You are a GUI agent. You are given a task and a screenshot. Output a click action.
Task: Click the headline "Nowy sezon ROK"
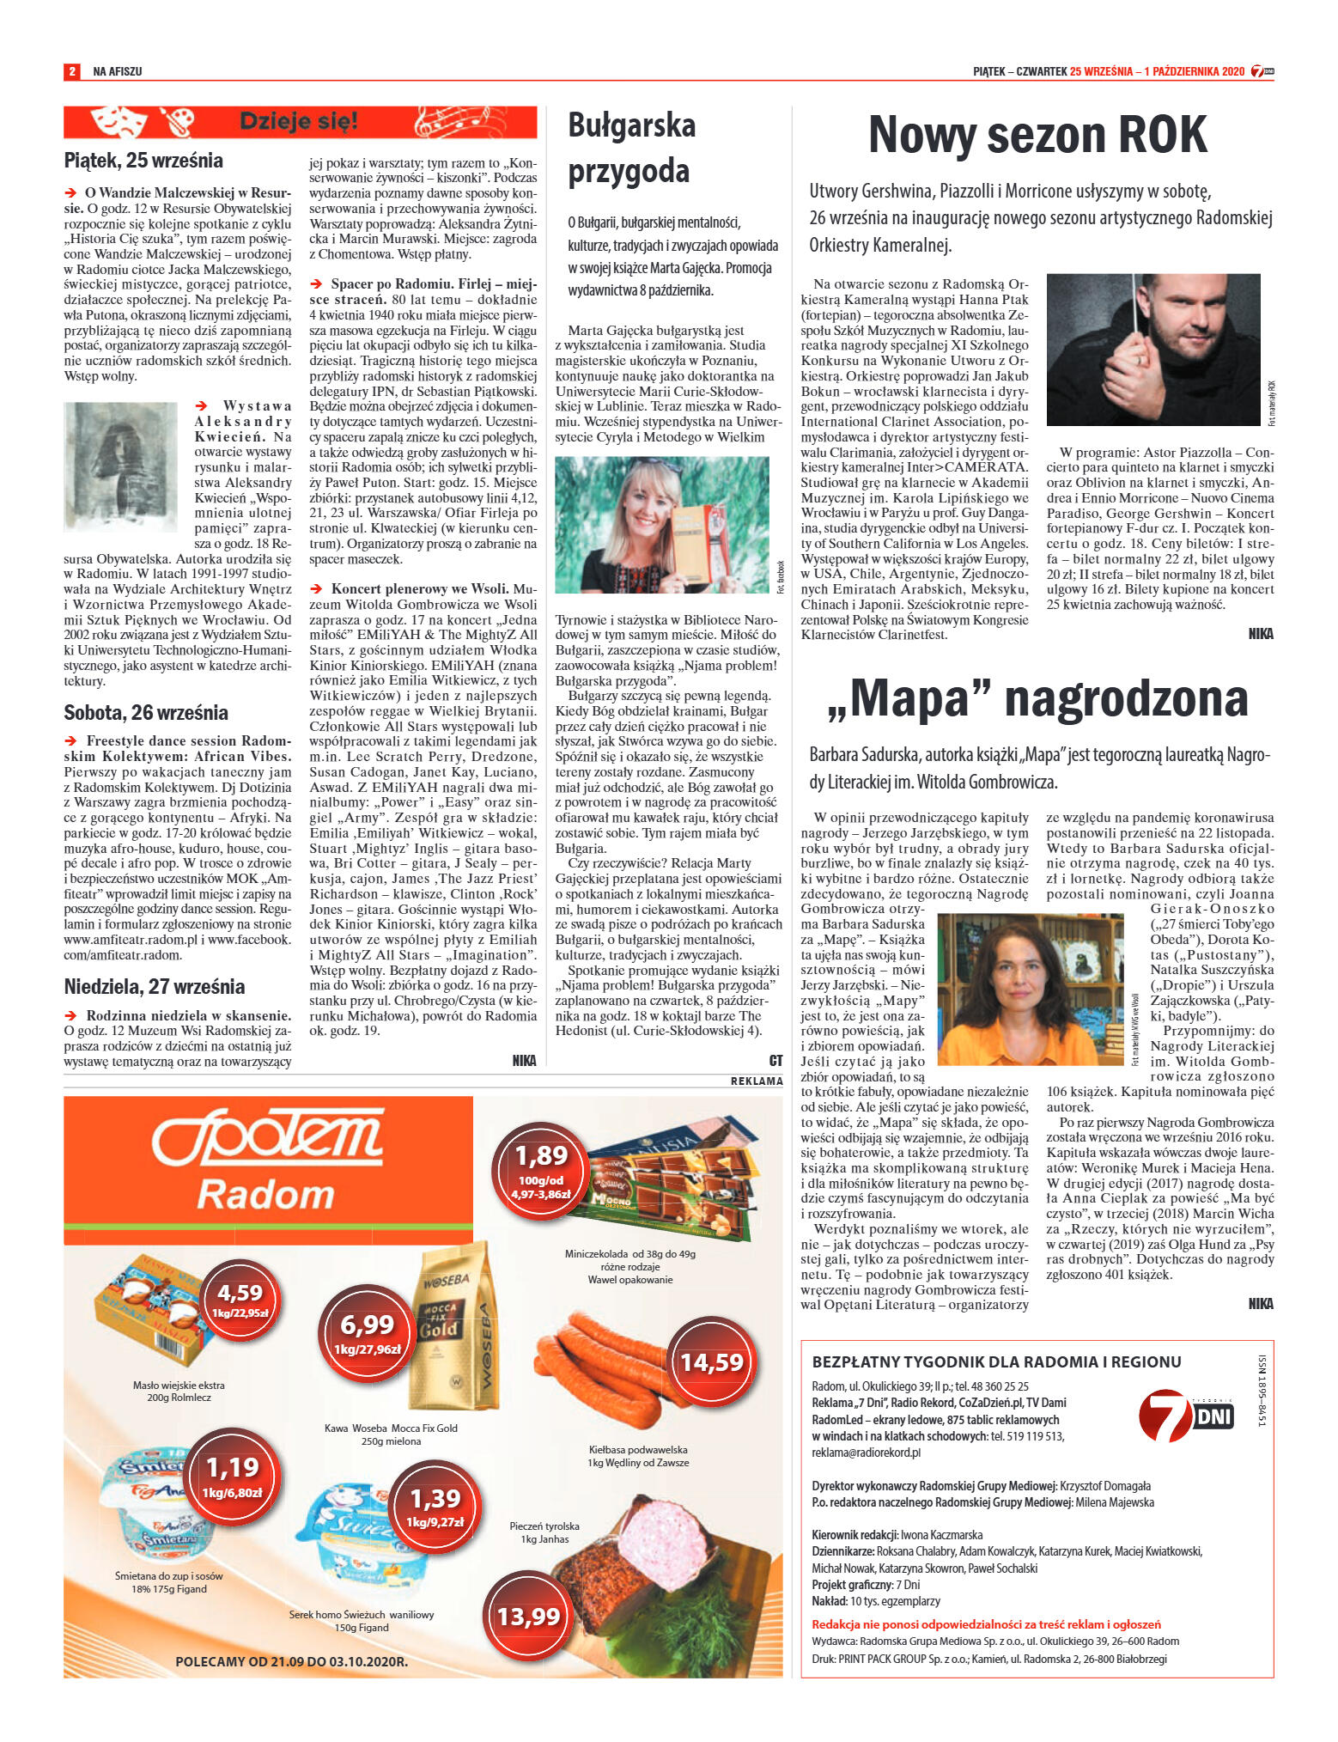tap(1037, 136)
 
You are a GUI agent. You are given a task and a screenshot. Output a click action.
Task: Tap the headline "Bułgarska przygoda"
tap(631, 148)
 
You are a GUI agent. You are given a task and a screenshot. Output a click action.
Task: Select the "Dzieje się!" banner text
tap(299, 122)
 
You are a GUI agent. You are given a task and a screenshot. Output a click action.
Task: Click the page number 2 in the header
tap(72, 71)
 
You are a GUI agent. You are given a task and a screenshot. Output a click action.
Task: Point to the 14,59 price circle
tap(711, 1361)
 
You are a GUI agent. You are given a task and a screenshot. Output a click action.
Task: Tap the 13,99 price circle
tap(528, 1616)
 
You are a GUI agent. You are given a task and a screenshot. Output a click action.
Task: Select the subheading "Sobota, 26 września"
tap(146, 712)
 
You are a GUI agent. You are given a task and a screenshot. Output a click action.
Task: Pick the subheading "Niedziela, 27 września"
tap(155, 986)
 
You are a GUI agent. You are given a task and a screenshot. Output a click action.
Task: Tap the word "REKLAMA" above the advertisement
tap(757, 1081)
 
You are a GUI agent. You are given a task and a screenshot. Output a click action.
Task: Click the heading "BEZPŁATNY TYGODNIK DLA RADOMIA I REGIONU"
tap(996, 1361)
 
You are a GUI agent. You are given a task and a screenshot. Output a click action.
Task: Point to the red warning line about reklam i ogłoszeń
tap(986, 1624)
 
